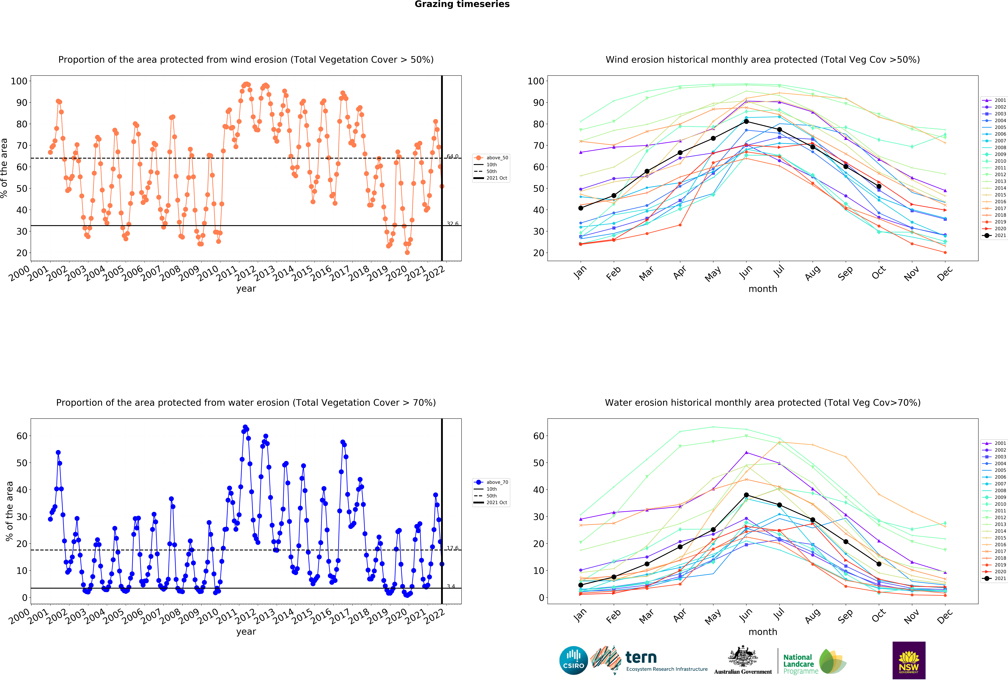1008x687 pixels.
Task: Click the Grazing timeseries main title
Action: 462,4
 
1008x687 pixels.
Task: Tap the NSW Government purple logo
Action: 909,660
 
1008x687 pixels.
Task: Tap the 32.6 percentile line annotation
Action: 452,224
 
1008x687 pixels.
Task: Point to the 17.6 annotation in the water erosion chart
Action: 452,548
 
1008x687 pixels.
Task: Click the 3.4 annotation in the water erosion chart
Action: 451,586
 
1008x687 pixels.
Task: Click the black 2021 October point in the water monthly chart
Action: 879,564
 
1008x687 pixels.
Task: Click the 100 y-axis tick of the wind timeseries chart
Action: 19,81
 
